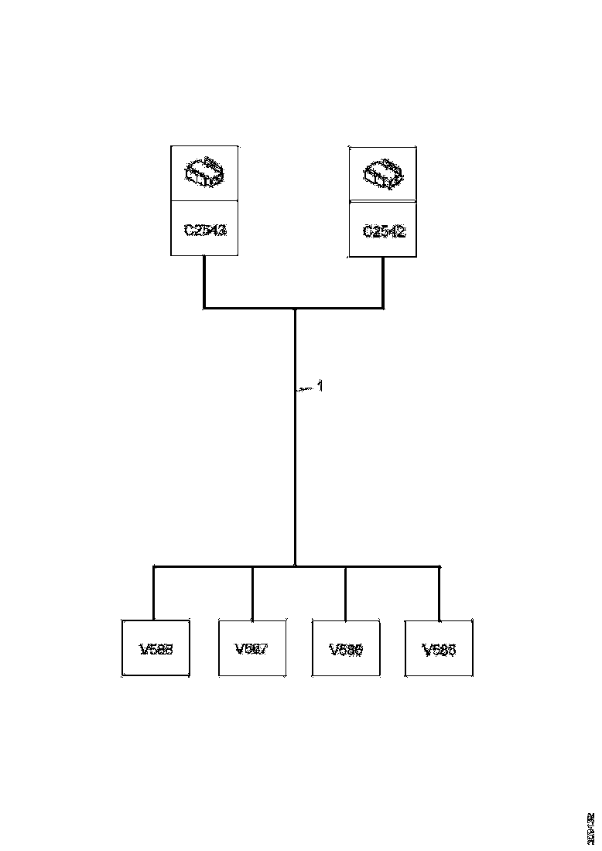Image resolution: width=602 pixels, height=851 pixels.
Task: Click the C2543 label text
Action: click(205, 230)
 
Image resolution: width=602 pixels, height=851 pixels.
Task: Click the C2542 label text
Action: click(384, 231)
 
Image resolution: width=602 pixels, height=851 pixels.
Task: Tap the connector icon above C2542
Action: click(383, 174)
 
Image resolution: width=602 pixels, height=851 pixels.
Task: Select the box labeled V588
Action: click(156, 648)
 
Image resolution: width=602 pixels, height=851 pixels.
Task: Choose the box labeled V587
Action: click(252, 648)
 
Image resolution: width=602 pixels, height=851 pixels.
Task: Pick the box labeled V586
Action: click(346, 648)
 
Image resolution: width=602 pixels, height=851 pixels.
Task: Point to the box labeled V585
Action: click(439, 648)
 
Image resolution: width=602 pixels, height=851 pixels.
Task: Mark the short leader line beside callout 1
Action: click(306, 388)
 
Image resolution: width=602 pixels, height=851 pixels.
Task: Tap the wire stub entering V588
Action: click(154, 593)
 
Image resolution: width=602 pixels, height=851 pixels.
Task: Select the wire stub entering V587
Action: click(252, 593)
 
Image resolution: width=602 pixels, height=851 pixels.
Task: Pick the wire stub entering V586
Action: click(345, 593)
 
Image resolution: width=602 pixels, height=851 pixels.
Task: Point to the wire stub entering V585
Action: click(440, 593)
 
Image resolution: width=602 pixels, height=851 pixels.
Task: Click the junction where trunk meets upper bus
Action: click(295, 309)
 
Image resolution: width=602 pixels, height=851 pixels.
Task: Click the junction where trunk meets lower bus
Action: click(295, 566)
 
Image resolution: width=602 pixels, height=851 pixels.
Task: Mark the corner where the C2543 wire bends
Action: click(204, 308)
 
